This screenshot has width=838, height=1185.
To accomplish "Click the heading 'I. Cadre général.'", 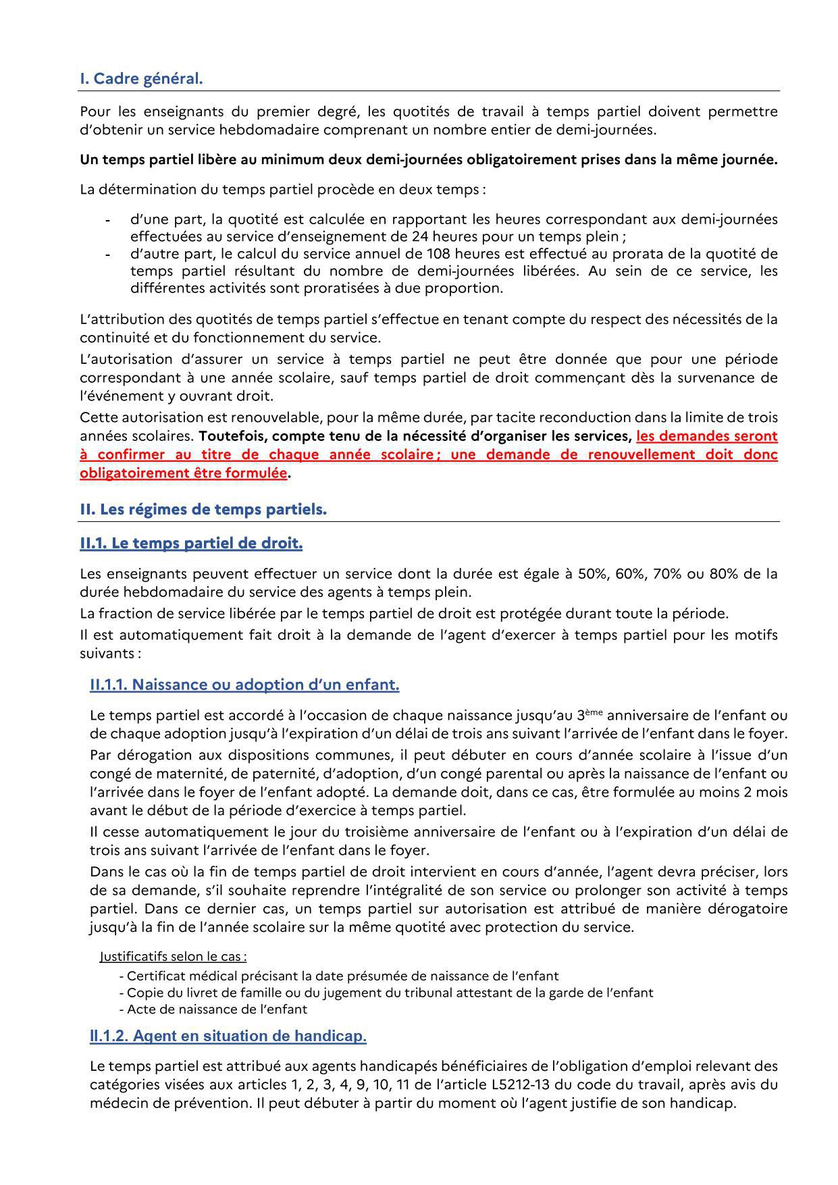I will pos(141,79).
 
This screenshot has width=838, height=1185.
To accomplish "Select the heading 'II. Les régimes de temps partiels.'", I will pos(203,510).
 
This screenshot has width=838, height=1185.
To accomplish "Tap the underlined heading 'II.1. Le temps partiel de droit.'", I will pos(191,543).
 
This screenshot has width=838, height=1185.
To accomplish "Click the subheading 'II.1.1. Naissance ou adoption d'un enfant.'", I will pos(244,685).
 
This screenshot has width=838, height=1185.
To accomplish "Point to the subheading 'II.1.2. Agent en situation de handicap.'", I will pos(228,1036).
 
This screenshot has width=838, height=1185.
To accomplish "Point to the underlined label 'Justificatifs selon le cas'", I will pos(172,956).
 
